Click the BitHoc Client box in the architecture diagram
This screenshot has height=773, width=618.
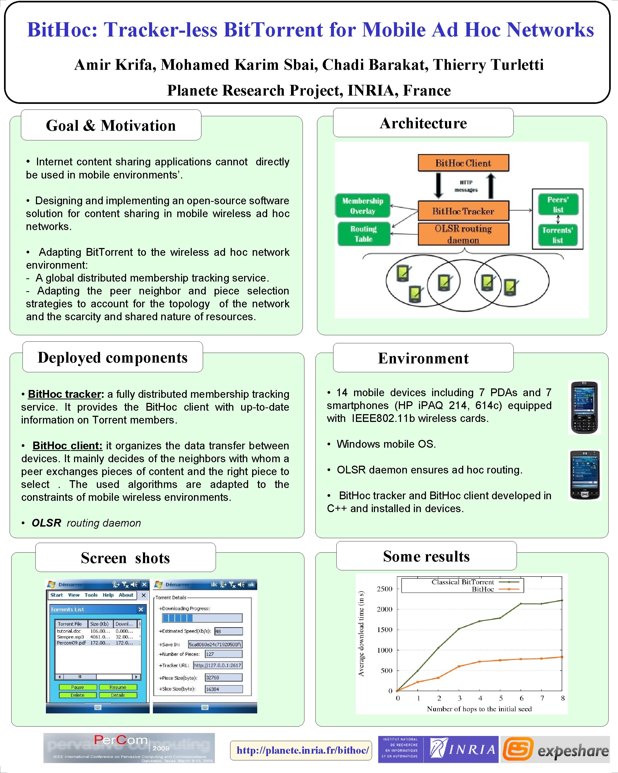click(463, 163)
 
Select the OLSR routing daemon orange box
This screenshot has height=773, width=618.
click(463, 234)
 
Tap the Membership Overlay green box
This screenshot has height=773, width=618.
click(363, 206)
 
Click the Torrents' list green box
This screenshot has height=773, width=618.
click(557, 235)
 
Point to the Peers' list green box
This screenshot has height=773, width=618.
click(558, 204)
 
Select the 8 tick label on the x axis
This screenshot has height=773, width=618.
click(562, 698)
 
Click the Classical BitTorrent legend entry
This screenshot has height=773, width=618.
click(462, 582)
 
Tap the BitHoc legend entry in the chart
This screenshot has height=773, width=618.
click(483, 589)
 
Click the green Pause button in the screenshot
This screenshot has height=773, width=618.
click(78, 687)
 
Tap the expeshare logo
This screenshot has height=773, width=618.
click(555, 749)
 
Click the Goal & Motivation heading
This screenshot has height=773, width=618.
click(111, 126)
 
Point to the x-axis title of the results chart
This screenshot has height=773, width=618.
click(479, 709)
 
